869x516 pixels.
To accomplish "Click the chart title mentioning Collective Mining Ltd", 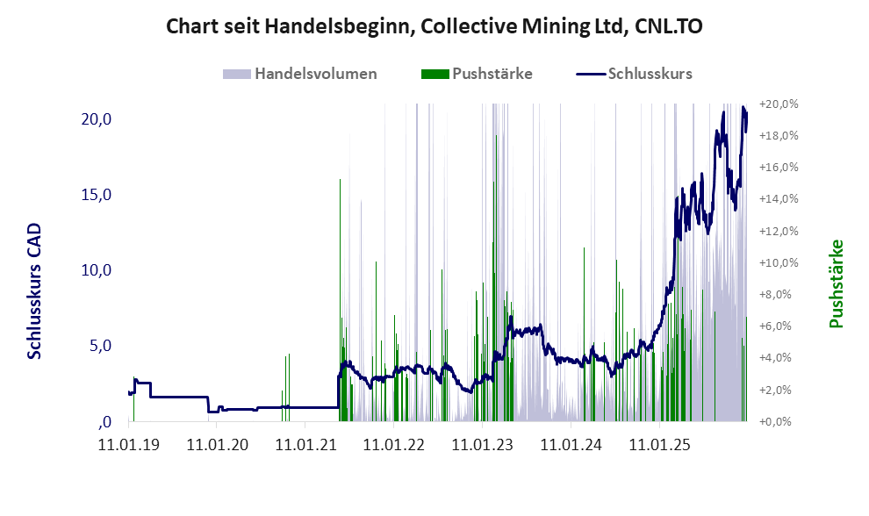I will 434,27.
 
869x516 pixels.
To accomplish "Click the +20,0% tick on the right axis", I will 779,104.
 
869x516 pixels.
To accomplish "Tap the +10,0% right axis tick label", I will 779,262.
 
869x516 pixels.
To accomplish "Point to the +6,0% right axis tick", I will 779,326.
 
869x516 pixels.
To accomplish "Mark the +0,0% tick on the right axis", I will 779,422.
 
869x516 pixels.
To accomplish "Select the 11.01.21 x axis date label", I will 305,445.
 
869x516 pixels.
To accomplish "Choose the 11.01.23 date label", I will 482,445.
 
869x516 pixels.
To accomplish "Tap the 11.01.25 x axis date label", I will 659,445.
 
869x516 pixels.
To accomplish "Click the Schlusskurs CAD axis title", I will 35,290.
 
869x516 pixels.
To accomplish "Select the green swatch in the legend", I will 434,74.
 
